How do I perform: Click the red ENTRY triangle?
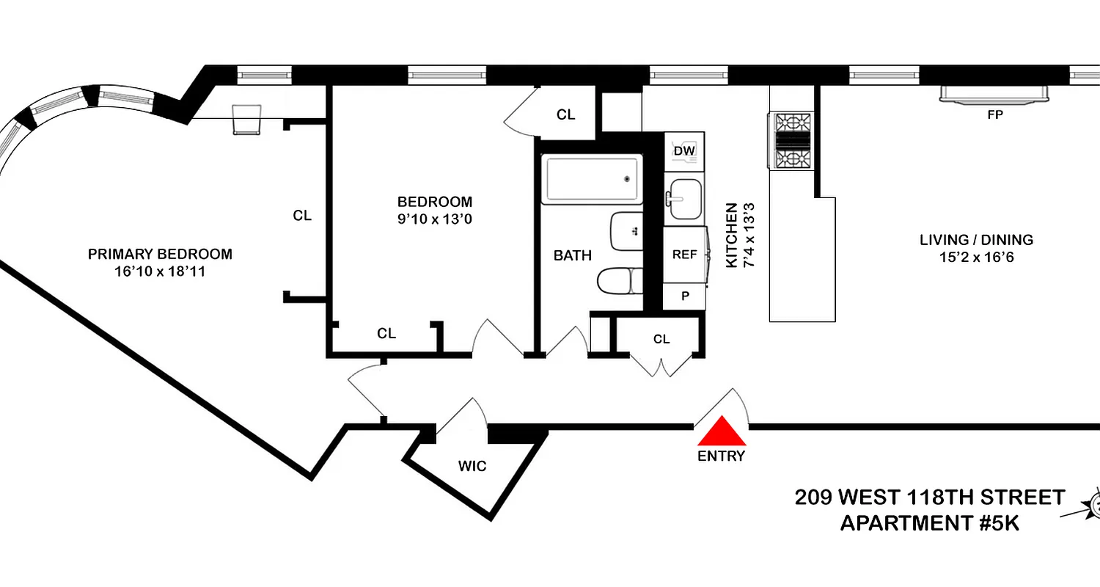click(x=722, y=433)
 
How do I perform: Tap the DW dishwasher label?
click(x=684, y=151)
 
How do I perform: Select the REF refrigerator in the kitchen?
click(x=684, y=255)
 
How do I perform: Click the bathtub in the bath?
click(x=592, y=180)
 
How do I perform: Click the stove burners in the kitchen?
click(x=791, y=140)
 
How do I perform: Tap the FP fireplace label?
click(x=995, y=115)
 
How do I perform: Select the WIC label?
click(x=472, y=466)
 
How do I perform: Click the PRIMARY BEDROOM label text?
click(x=160, y=255)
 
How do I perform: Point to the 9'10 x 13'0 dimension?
click(x=435, y=218)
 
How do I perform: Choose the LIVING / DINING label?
click(x=976, y=240)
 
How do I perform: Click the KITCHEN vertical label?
click(x=732, y=236)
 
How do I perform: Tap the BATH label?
click(x=572, y=256)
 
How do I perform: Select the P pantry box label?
click(x=685, y=296)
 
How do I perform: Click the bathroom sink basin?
click(x=626, y=231)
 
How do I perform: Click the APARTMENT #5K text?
click(x=929, y=524)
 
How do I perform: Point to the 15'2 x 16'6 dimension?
click(x=976, y=258)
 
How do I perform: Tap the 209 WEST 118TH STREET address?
click(x=929, y=497)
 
